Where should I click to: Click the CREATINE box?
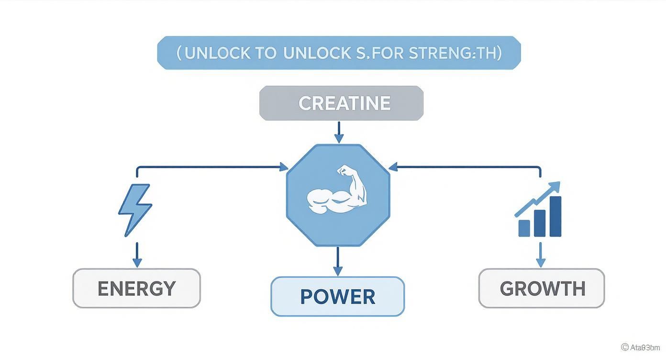coord(341,103)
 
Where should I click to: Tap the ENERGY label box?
coord(136,288)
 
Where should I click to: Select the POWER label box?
coord(337,296)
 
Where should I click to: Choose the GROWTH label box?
coord(542,288)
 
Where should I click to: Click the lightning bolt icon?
coord(134,210)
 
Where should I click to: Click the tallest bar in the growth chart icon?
coord(555,216)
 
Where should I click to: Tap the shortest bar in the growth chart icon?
coord(524,228)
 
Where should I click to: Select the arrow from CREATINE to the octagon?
coord(339,132)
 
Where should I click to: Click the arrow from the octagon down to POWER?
coord(338,261)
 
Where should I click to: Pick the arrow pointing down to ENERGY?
coord(137,255)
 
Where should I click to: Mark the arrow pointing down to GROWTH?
coord(540,255)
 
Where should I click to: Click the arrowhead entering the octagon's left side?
coord(283,167)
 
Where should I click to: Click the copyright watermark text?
coord(640,347)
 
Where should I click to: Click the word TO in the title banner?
coord(266,53)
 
